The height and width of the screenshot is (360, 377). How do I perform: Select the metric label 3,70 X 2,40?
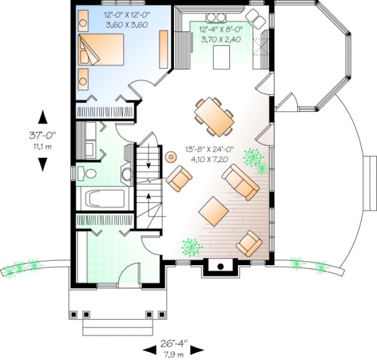point(221,39)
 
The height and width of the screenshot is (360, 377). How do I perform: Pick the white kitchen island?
point(221,58)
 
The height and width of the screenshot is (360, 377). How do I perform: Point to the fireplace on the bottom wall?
point(219,267)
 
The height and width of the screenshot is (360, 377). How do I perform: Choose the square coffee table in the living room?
point(214,211)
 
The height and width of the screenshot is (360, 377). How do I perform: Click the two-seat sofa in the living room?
point(241,182)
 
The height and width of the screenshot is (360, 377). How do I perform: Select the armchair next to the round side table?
point(179,178)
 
